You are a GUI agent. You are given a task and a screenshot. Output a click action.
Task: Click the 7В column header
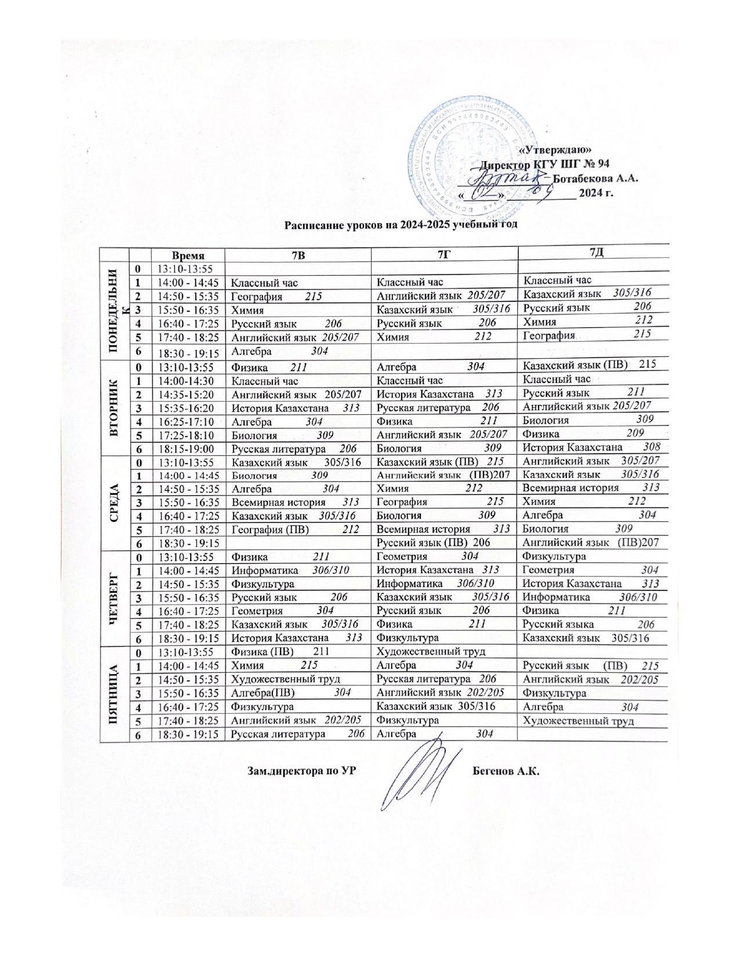pos(298,254)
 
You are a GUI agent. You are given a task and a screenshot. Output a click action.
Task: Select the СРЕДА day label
pos(114,502)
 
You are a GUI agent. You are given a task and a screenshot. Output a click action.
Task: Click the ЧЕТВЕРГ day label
pos(114,598)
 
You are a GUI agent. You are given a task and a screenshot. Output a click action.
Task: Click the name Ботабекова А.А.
pos(596,178)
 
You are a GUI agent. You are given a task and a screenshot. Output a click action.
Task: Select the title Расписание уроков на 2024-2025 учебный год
pos(400,224)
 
